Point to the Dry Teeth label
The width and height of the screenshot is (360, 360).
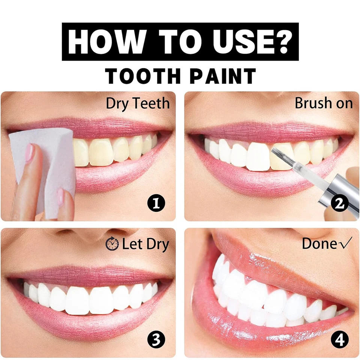[138, 103]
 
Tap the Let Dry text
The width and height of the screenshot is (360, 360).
[145, 244]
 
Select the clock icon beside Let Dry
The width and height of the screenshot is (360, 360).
[112, 244]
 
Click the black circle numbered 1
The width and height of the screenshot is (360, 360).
[156, 204]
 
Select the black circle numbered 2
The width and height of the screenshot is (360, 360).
[339, 203]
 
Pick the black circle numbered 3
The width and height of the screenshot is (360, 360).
[156, 340]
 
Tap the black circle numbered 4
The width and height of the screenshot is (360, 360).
[339, 340]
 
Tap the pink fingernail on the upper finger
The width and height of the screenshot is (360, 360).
[29, 152]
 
